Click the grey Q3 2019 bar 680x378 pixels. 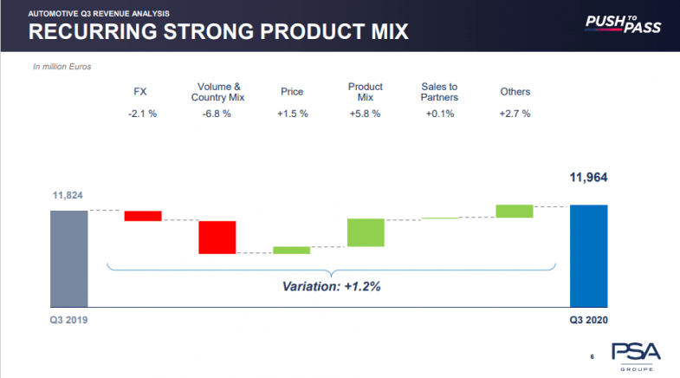pos(69,258)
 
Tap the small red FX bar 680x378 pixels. pos(143,216)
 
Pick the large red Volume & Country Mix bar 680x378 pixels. pos(217,237)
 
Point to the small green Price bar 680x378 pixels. pos(291,251)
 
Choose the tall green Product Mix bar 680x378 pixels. pos(366,232)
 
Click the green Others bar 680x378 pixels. pos(514,211)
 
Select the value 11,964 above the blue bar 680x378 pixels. pos(588,179)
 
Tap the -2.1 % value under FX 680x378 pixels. pos(141,113)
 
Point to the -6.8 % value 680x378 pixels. pos(217,113)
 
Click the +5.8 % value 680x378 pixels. pos(365,113)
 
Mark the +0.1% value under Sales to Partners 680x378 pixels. pos(439,113)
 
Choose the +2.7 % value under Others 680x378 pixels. pos(515,113)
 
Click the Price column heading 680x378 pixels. pos(291,92)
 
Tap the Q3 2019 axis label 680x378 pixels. pos(68,320)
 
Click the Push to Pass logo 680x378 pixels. pos(622,23)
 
